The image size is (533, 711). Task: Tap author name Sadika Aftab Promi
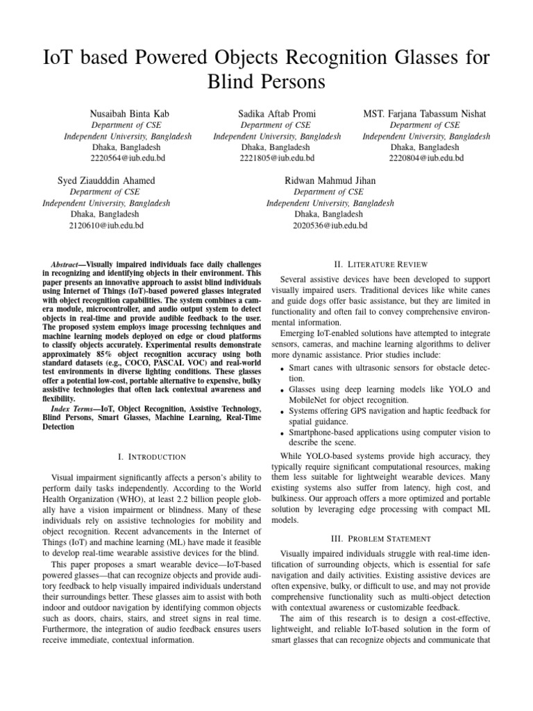pyautogui.click(x=277, y=114)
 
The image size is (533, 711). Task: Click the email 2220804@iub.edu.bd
pyautogui.click(x=426, y=158)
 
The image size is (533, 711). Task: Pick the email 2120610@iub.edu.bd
pyautogui.click(x=106, y=226)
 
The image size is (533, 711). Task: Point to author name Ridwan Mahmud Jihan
pyautogui.click(x=330, y=181)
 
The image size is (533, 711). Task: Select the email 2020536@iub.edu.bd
pyautogui.click(x=330, y=226)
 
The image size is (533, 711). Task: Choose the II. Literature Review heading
pyautogui.click(x=381, y=265)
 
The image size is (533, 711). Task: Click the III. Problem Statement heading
pyautogui.click(x=381, y=539)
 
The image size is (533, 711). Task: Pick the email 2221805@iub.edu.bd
pyautogui.click(x=277, y=158)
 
